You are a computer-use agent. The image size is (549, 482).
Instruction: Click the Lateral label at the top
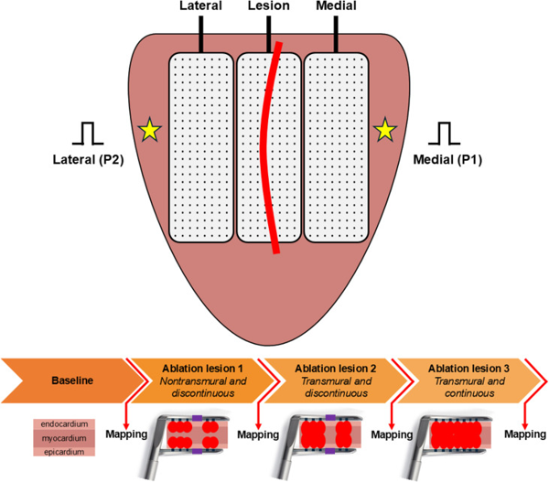click(x=201, y=6)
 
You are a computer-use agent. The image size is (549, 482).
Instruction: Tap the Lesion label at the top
click(x=269, y=6)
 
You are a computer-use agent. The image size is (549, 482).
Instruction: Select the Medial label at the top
click(x=336, y=6)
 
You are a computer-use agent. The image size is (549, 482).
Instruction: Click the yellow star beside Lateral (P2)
click(x=147, y=132)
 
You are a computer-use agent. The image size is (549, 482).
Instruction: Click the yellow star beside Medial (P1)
click(x=384, y=132)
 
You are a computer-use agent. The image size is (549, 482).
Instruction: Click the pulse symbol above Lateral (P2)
click(x=88, y=134)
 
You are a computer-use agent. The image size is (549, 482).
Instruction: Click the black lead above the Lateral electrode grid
click(x=200, y=34)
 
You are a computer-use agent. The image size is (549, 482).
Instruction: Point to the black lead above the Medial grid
click(x=336, y=34)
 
